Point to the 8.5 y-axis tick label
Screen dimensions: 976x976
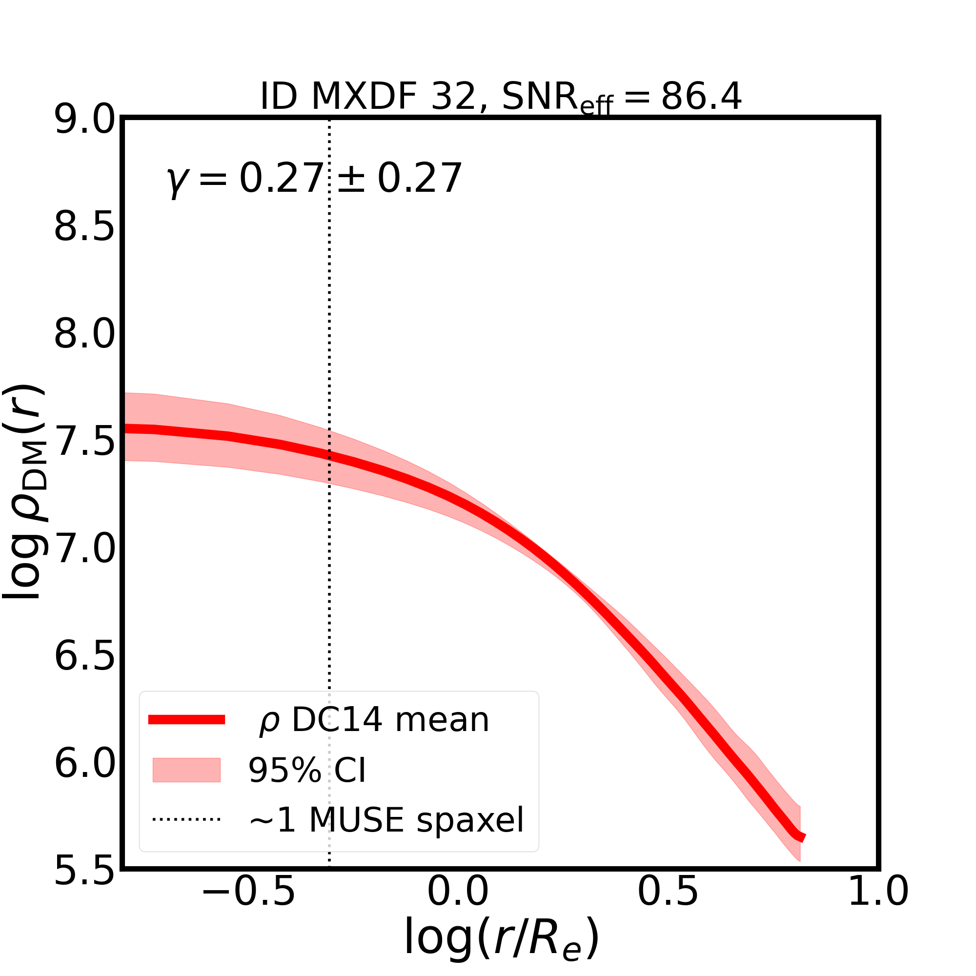(x=84, y=228)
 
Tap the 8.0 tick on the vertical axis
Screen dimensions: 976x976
(x=84, y=335)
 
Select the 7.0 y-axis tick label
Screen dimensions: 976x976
(x=84, y=549)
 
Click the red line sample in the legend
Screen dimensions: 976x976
(x=186, y=720)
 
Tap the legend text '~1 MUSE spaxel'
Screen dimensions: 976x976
(x=386, y=820)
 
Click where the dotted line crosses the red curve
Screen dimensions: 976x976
(x=329, y=456)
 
